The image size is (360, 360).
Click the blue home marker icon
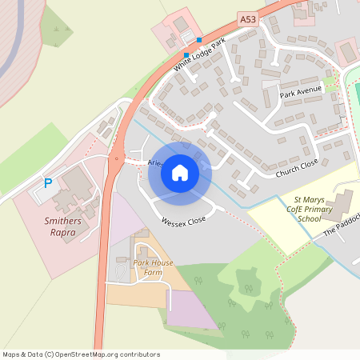tap(180, 172)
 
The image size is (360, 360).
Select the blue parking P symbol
tap(47, 183)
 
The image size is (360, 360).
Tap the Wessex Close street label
tap(183, 220)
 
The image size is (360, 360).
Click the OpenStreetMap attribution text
tap(81, 354)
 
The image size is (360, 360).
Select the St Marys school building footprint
tap(344, 203)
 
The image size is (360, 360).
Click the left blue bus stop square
tap(186, 55)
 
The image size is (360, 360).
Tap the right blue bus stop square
tap(199, 39)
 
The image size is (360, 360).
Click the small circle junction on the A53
tap(117, 158)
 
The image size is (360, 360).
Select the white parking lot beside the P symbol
tap(40, 192)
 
